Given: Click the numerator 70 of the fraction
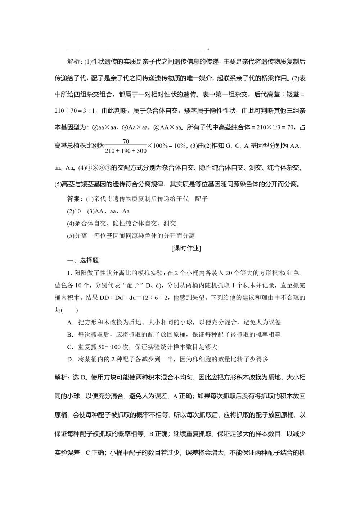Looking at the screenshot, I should (126, 141).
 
